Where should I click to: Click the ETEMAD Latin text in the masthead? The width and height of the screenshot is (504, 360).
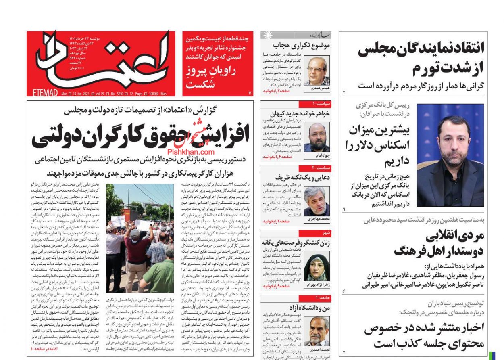44,93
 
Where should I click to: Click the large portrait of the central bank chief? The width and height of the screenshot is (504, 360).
450,155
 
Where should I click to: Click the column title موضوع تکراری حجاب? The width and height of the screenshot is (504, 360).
302,45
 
